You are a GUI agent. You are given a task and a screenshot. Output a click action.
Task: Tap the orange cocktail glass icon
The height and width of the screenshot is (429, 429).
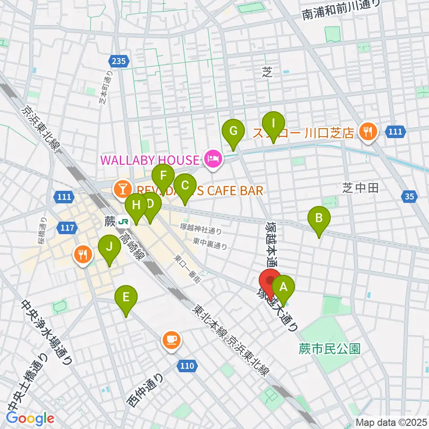(x=121, y=189)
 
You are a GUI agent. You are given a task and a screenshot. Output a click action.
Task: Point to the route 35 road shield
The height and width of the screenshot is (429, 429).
(x=411, y=196)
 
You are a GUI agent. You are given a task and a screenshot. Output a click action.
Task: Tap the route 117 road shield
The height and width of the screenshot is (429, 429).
(x=66, y=228)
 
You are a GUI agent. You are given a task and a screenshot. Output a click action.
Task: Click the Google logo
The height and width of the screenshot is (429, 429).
(x=30, y=418)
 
